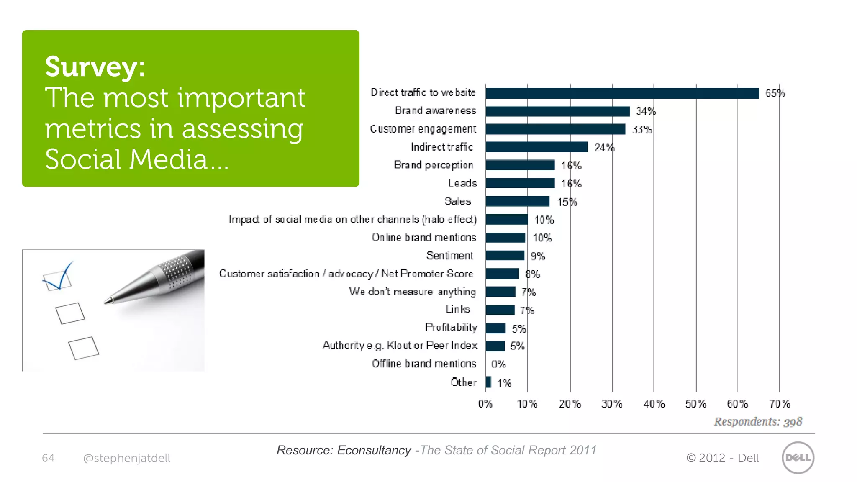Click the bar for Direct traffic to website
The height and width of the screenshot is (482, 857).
coord(622,93)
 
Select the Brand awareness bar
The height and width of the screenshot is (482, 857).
coord(557,111)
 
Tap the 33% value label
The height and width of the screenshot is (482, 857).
coord(642,130)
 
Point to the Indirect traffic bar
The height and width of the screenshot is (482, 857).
coord(536,147)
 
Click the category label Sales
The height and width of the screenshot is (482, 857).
coord(457,202)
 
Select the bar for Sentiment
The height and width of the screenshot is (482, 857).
coord(505,256)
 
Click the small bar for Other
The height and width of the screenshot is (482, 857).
coord(488,382)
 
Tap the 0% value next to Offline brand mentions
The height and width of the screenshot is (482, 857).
coord(498,364)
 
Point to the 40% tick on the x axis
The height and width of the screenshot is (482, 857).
coord(654,404)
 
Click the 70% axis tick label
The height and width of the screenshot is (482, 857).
coord(779,404)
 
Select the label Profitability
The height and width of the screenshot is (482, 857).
coord(451,328)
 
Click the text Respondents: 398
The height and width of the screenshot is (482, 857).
coord(758,422)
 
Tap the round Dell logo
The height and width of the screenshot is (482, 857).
coord(798,458)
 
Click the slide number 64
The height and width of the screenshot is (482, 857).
coord(48,458)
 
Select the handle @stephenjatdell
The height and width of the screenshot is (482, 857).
coord(127,459)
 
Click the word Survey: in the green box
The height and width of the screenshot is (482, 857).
coord(95,67)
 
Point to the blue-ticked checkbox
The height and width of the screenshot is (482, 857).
coord(58,281)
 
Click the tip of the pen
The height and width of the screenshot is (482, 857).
coord(108,301)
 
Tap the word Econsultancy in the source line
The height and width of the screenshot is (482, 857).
coord(374,450)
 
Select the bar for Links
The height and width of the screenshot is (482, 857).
coord(500,310)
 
